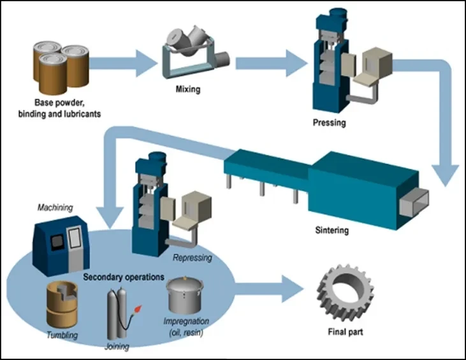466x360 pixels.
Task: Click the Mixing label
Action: [188, 89]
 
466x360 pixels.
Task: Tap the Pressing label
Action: [330, 122]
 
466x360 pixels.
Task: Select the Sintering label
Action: [331, 230]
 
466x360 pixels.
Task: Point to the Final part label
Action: [346, 331]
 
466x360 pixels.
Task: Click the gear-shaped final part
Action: [345, 293]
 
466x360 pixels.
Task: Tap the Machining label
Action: [55, 207]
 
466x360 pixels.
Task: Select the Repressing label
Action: [193, 257]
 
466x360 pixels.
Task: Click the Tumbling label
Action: [62, 335]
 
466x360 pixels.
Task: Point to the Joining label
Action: [117, 347]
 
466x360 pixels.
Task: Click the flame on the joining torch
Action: [138, 309]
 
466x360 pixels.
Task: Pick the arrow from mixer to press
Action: [272, 63]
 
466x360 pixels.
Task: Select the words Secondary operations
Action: [124, 277]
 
